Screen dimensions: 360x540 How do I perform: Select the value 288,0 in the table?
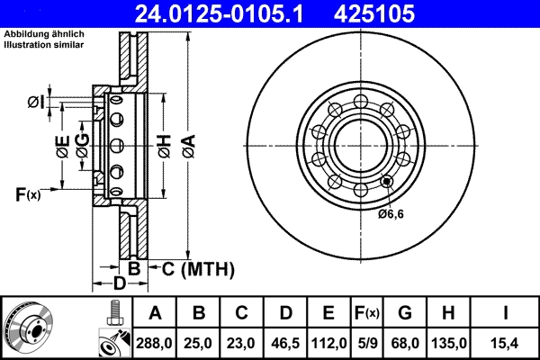coord(155,342)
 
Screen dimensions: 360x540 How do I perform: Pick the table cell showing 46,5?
coord(284,342)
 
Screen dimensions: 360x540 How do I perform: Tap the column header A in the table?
coord(155,312)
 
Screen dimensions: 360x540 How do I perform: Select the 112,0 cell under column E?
coord(328,342)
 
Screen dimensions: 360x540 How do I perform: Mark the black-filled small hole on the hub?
coord(387,182)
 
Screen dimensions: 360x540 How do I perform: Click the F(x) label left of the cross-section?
coord(28,193)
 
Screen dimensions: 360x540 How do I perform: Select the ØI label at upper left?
coord(36,101)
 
